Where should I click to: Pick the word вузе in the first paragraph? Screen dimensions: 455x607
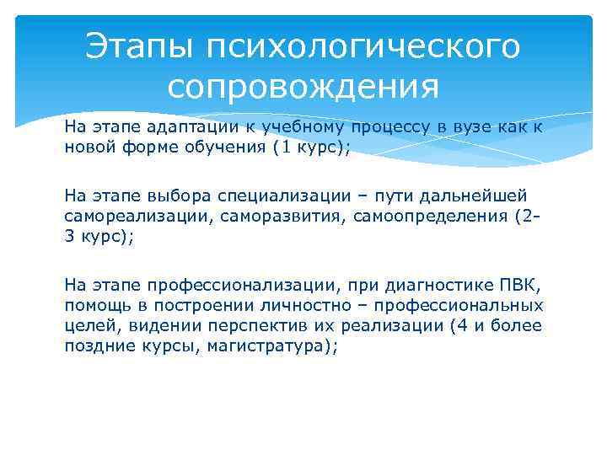click(454, 127)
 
